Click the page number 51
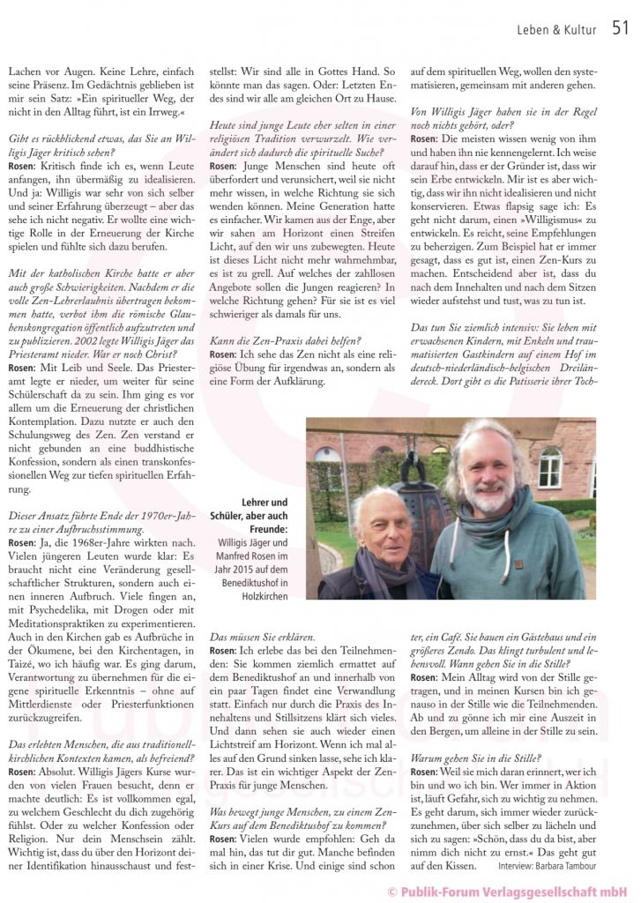[x=620, y=29]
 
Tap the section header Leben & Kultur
[x=556, y=31]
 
